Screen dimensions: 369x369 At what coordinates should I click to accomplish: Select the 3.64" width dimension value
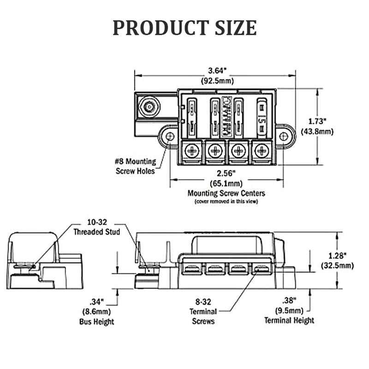(215, 71)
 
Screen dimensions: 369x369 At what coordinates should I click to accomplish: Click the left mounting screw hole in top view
(170, 137)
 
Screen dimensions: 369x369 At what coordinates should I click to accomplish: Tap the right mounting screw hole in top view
(284, 136)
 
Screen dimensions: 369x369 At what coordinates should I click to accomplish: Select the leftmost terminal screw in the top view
(191, 150)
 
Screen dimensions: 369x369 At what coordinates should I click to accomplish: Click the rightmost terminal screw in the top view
(262, 150)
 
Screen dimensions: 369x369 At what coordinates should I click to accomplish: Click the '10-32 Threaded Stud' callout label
(97, 228)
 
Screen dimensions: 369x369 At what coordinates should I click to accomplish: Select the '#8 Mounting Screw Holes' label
(135, 167)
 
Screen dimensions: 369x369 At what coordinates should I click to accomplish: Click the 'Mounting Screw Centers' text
(226, 193)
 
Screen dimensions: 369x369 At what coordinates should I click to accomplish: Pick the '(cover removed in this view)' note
(226, 202)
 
